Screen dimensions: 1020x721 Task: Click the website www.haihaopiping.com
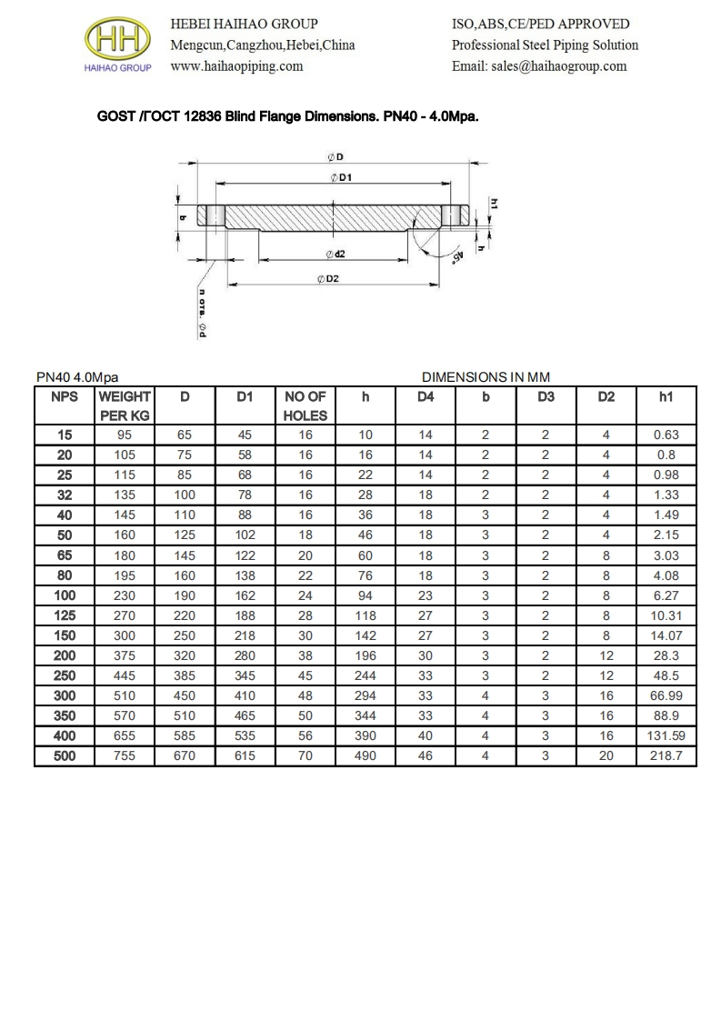click(x=236, y=66)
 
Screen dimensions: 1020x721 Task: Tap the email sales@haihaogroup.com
click(x=539, y=66)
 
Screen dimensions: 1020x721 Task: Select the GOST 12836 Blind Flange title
click(x=287, y=117)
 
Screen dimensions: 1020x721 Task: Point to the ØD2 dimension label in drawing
click(x=327, y=278)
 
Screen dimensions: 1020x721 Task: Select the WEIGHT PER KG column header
click(x=125, y=405)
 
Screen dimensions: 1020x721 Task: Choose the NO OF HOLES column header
click(x=305, y=405)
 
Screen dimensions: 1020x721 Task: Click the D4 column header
click(x=426, y=396)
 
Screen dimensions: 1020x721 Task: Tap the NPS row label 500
click(x=65, y=755)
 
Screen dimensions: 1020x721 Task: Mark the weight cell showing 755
click(x=125, y=755)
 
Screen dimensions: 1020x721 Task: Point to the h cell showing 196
click(x=365, y=655)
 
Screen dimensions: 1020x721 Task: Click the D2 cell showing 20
click(x=606, y=755)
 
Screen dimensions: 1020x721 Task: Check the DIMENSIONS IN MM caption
click(x=486, y=376)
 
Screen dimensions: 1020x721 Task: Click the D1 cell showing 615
click(x=245, y=755)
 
